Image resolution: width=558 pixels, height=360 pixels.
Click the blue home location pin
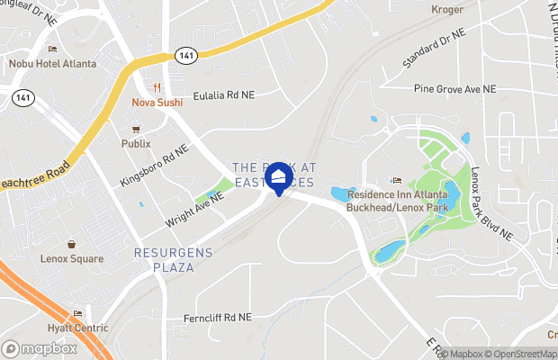280,176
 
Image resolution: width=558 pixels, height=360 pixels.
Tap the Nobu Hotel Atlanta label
46,63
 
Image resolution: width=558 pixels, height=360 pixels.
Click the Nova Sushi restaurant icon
157,88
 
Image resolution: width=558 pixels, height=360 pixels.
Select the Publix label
136,143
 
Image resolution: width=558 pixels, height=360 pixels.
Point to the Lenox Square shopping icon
71,244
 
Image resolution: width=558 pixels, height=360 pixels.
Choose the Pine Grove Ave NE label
454,89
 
